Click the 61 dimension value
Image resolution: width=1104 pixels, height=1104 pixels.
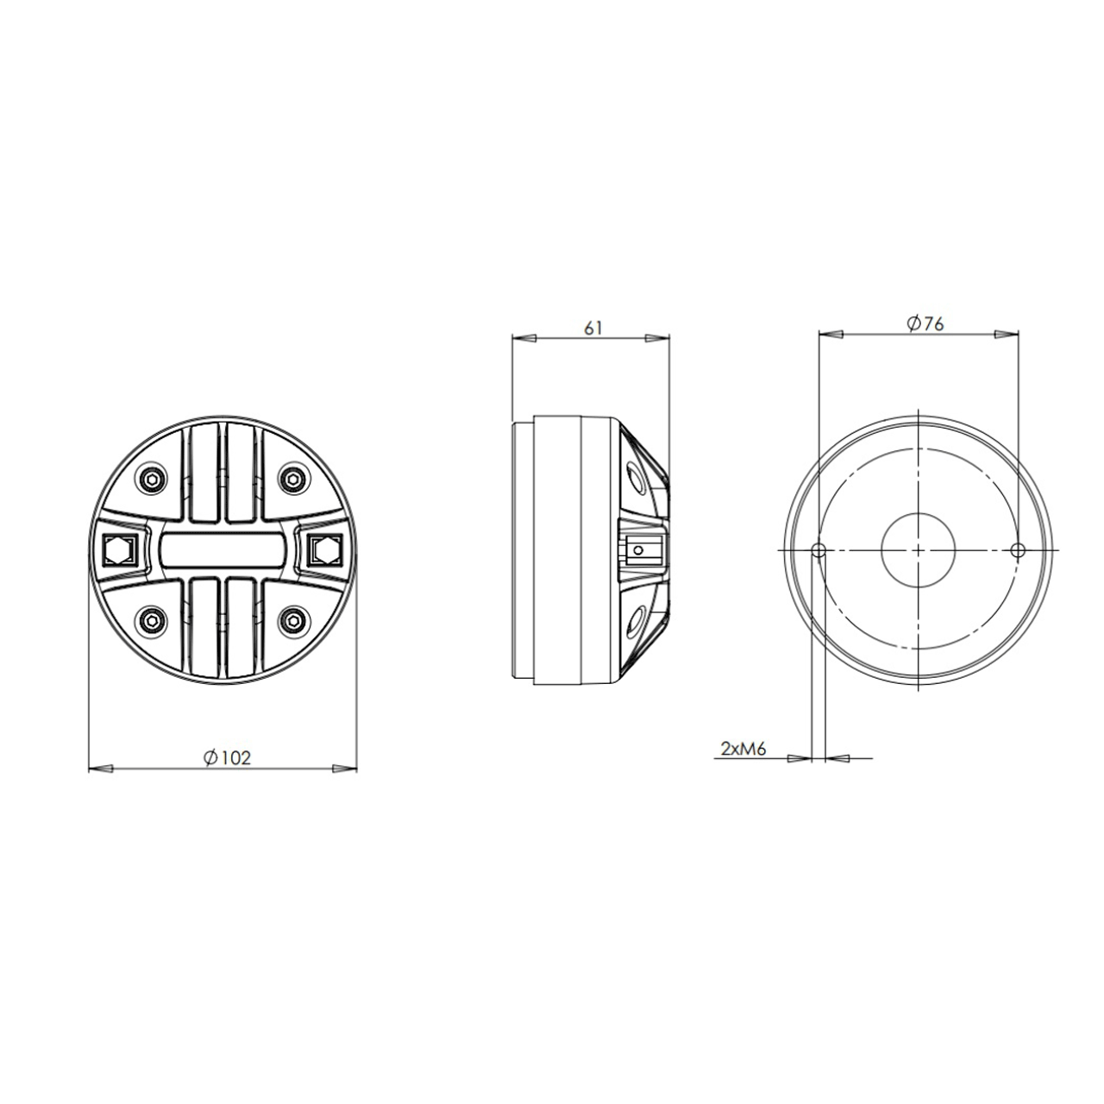593,327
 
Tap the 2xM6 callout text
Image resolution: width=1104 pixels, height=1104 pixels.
743,749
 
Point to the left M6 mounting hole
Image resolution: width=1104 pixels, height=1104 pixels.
819,549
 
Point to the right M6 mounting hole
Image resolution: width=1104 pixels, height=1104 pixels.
1018,549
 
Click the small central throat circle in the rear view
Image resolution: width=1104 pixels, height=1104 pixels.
919,549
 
